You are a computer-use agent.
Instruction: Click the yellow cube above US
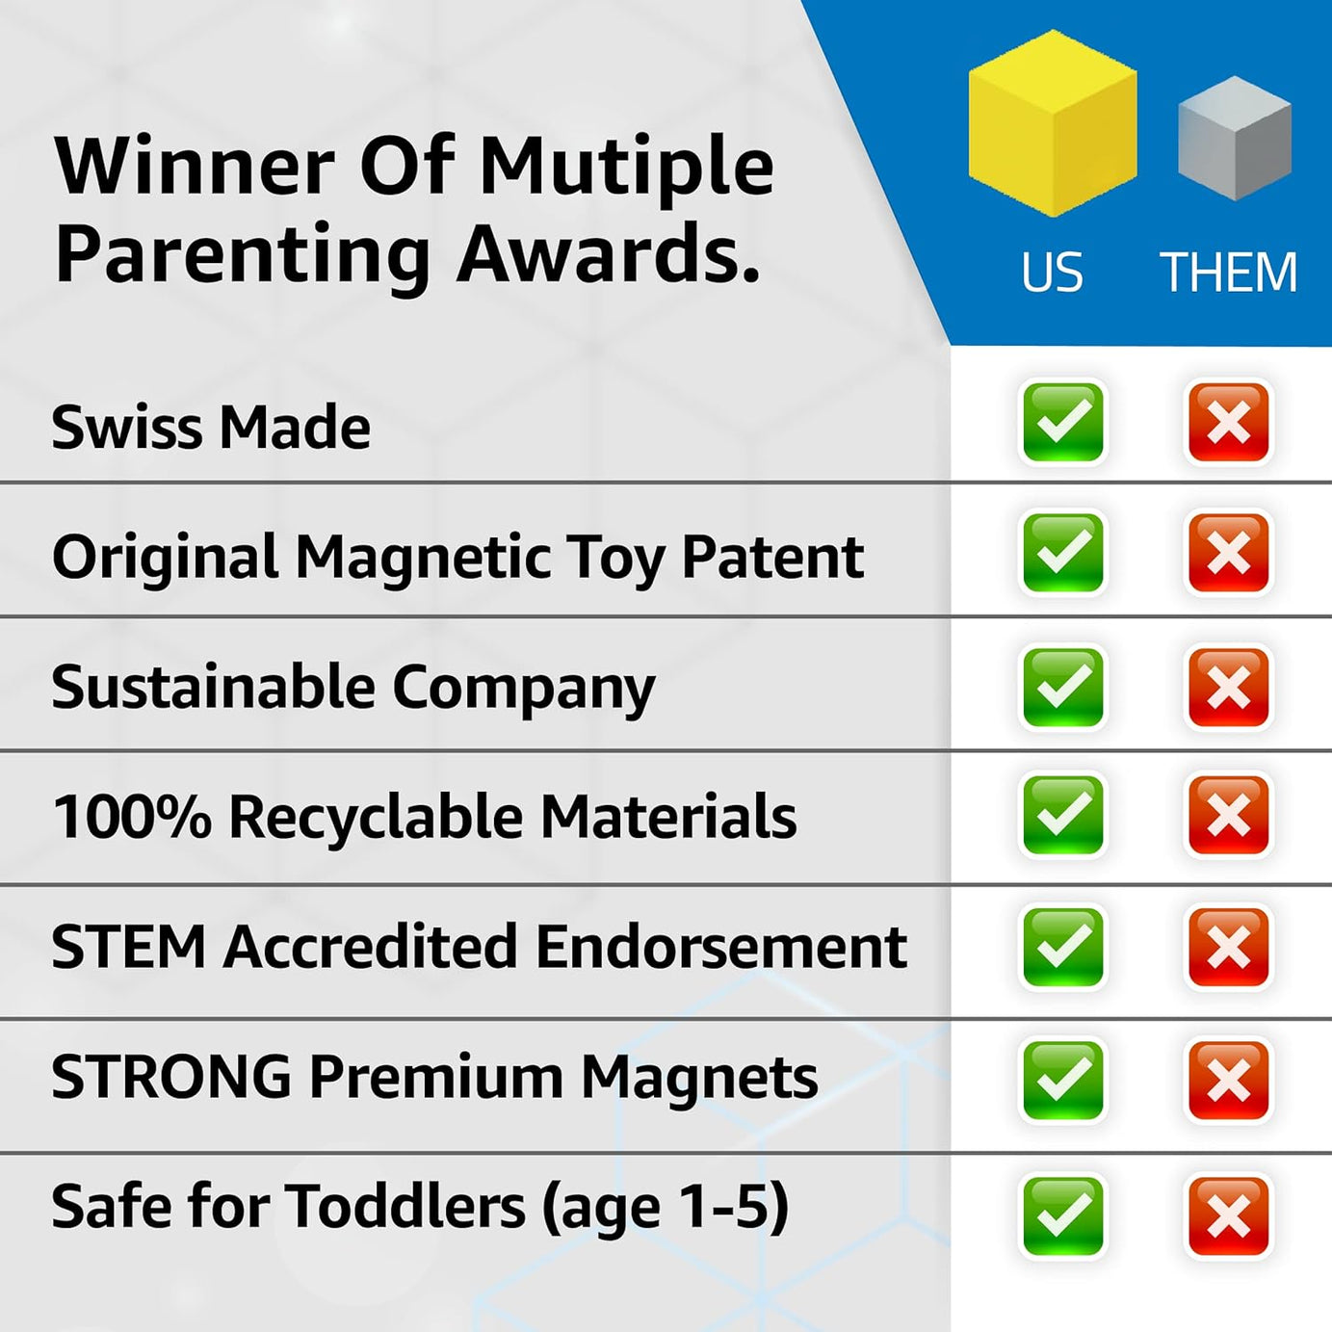coord(1052,123)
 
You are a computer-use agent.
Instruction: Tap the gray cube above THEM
coord(1234,139)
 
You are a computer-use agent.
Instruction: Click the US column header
coord(1052,273)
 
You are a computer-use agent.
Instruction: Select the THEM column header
coord(1229,273)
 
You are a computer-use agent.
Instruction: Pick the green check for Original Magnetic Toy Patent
coord(1062,553)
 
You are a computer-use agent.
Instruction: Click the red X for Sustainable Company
coord(1228,687)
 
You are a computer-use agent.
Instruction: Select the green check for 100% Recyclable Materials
coord(1062,815)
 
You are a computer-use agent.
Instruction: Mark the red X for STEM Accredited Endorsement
coord(1228,947)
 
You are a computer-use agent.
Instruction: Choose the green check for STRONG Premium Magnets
coord(1062,1079)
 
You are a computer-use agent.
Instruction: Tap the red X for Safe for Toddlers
coord(1228,1215)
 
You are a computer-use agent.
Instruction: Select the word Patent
coord(772,557)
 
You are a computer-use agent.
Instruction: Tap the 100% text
coord(131,817)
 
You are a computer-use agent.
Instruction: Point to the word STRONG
coord(170,1077)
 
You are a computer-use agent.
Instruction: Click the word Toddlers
coord(405,1207)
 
